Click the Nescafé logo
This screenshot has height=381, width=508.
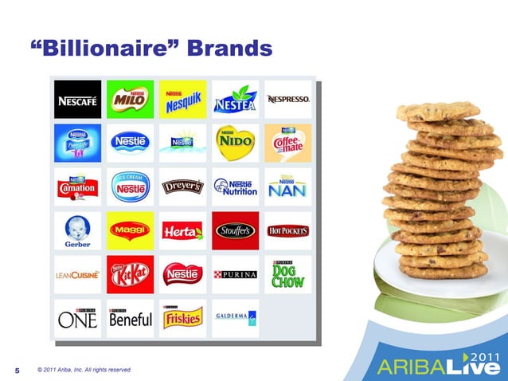(77, 100)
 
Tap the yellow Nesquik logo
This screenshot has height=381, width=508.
(182, 100)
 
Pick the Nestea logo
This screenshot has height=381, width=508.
(235, 100)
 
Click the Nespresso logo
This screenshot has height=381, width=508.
(288, 100)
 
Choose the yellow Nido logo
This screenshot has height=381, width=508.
(235, 143)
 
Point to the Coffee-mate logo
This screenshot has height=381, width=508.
(288, 143)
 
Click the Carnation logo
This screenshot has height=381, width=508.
(77, 187)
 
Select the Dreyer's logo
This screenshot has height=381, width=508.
(182, 187)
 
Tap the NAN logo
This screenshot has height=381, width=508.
(288, 187)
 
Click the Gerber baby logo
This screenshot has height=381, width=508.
(77, 231)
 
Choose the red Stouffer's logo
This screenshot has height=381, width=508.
(235, 231)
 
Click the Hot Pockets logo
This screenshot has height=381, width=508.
(288, 231)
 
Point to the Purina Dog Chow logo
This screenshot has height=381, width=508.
(288, 275)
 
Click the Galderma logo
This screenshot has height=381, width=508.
(235, 318)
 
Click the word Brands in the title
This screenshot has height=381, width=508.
(229, 49)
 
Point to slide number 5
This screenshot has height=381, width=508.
(18, 371)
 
